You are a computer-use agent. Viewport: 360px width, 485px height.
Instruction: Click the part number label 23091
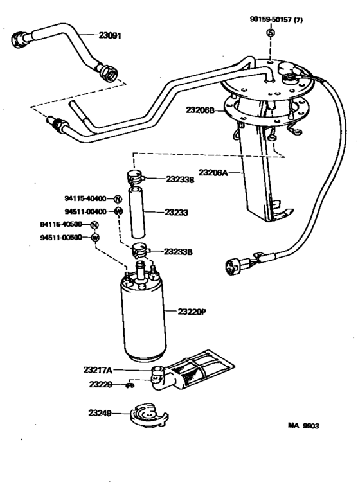click(112, 37)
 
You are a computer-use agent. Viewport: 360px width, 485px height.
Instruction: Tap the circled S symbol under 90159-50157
click(271, 33)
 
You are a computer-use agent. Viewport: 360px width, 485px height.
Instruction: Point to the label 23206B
click(201, 110)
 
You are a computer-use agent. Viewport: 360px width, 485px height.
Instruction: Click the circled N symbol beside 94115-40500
click(94, 225)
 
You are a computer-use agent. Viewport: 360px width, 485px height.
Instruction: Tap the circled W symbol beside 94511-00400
click(118, 211)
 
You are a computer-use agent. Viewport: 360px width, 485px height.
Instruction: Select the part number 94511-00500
click(62, 238)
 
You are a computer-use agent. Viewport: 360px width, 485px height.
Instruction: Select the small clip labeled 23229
click(130, 385)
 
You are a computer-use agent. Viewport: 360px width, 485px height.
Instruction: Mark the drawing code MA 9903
click(303, 425)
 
